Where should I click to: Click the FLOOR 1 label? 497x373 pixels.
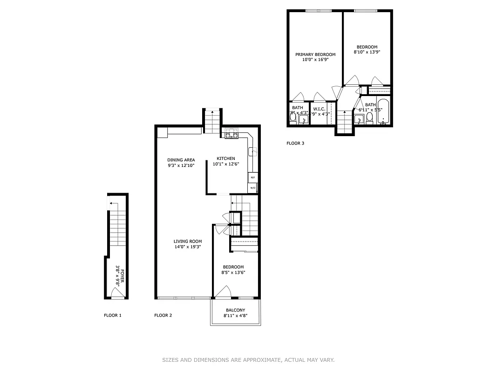[112, 316]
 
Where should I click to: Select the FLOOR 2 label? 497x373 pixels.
[163, 316]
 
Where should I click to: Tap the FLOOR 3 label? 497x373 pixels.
[295, 144]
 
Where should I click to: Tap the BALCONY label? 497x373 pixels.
[235, 310]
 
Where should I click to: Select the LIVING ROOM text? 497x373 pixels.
[188, 241]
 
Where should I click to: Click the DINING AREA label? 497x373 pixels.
[181, 160]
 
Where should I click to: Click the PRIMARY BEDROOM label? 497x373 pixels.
[315, 55]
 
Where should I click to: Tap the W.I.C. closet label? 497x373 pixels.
[319, 109]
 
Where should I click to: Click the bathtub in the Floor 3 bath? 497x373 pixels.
[384, 112]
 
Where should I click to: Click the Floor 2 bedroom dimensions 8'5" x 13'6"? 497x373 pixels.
[233, 273]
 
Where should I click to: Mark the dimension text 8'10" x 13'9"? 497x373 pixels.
[367, 52]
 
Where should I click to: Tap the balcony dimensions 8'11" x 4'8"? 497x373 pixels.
[235, 316]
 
